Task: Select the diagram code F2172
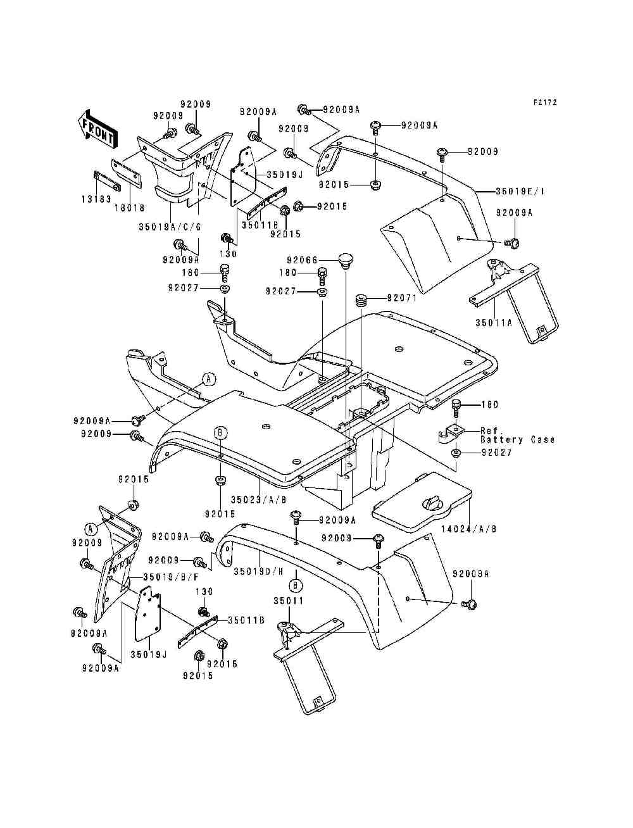pyautogui.click(x=545, y=102)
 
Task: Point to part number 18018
pyautogui.click(x=130, y=208)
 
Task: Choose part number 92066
pyautogui.click(x=300, y=260)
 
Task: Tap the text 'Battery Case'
pyautogui.click(x=517, y=439)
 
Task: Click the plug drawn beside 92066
pyautogui.click(x=345, y=260)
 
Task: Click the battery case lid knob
pyautogui.click(x=434, y=503)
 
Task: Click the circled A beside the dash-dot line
pyautogui.click(x=209, y=379)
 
